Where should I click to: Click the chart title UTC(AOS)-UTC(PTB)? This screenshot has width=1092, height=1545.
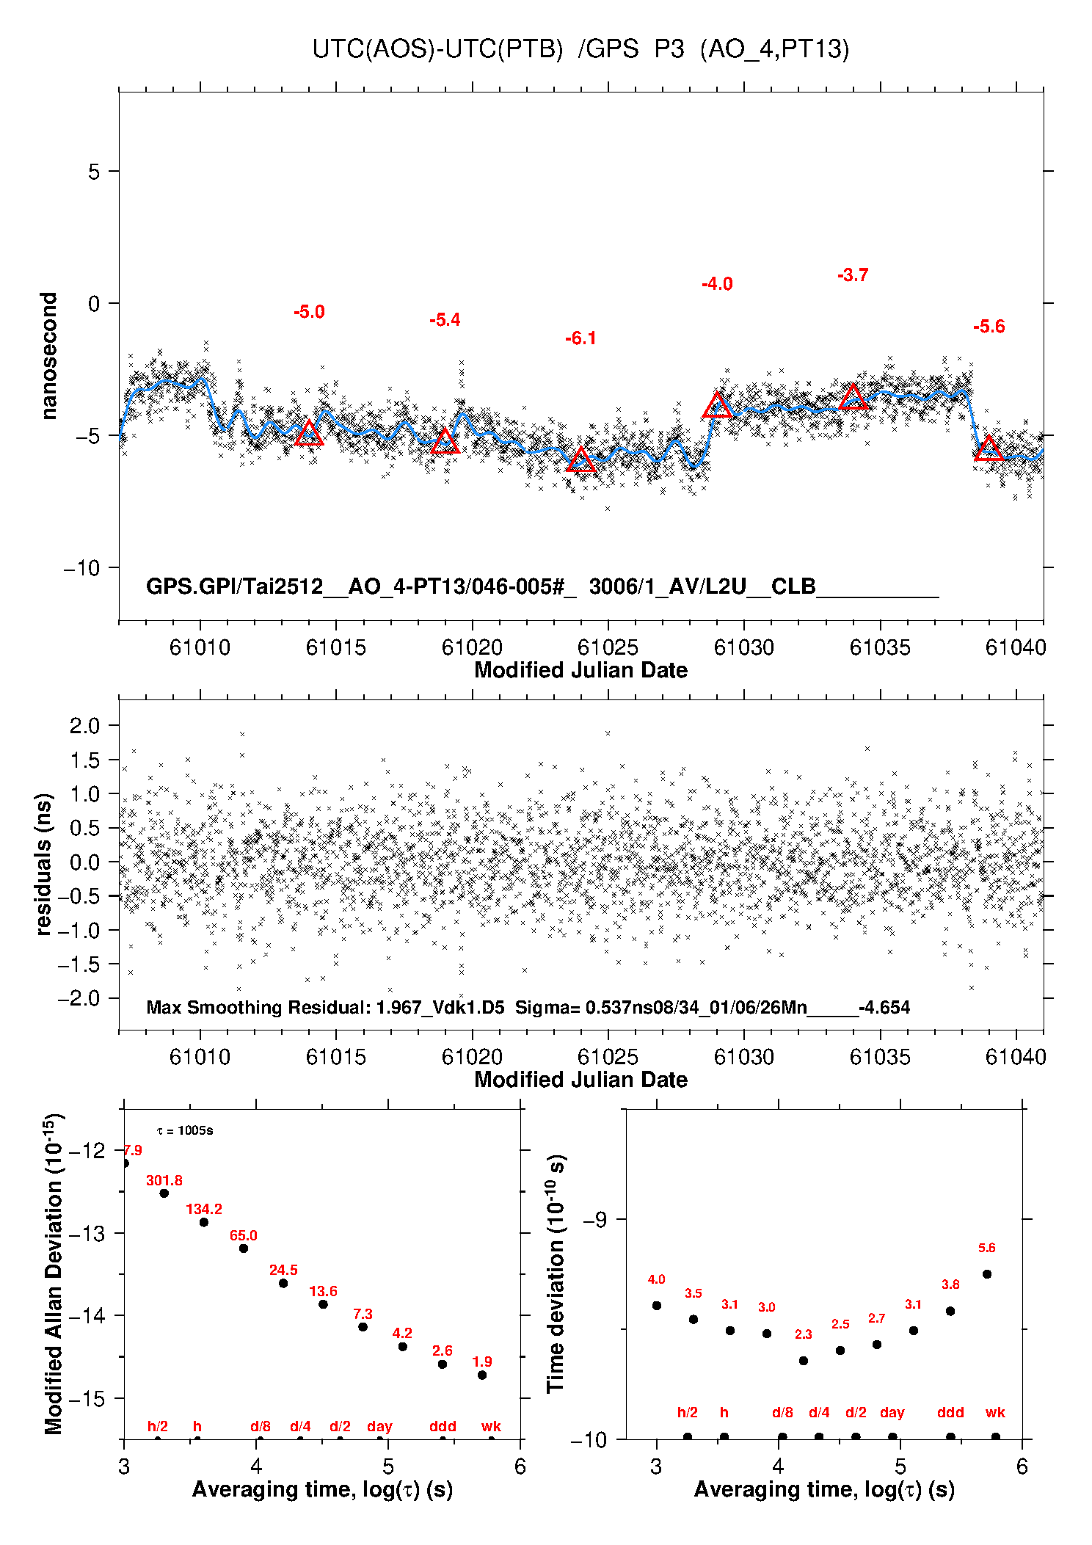[437, 49]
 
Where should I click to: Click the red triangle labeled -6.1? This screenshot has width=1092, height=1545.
[580, 460]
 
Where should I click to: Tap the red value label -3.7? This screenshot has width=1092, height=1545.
[853, 275]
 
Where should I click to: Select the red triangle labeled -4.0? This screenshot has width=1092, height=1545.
[717, 406]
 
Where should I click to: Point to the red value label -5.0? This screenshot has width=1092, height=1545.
[309, 312]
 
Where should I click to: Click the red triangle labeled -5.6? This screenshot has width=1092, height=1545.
[989, 448]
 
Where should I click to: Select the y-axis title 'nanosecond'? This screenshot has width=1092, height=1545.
[48, 356]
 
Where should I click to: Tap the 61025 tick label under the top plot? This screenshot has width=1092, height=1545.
[608, 647]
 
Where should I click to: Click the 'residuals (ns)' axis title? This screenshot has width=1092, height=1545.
[44, 864]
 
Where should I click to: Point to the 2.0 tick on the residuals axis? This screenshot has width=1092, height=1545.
[84, 726]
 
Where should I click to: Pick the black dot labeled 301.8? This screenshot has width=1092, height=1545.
[164, 1193]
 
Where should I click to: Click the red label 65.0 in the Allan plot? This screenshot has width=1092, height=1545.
[244, 1235]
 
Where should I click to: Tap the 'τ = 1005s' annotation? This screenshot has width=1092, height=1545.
[185, 1130]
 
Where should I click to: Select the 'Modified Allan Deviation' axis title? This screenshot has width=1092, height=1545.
[53, 1273]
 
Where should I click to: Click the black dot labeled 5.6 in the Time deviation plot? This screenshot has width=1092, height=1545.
[987, 1274]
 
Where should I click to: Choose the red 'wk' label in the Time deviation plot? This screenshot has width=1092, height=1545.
[995, 1412]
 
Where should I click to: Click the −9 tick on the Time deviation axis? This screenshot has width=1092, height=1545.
[594, 1219]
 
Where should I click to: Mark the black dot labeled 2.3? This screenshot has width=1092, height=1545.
[804, 1361]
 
